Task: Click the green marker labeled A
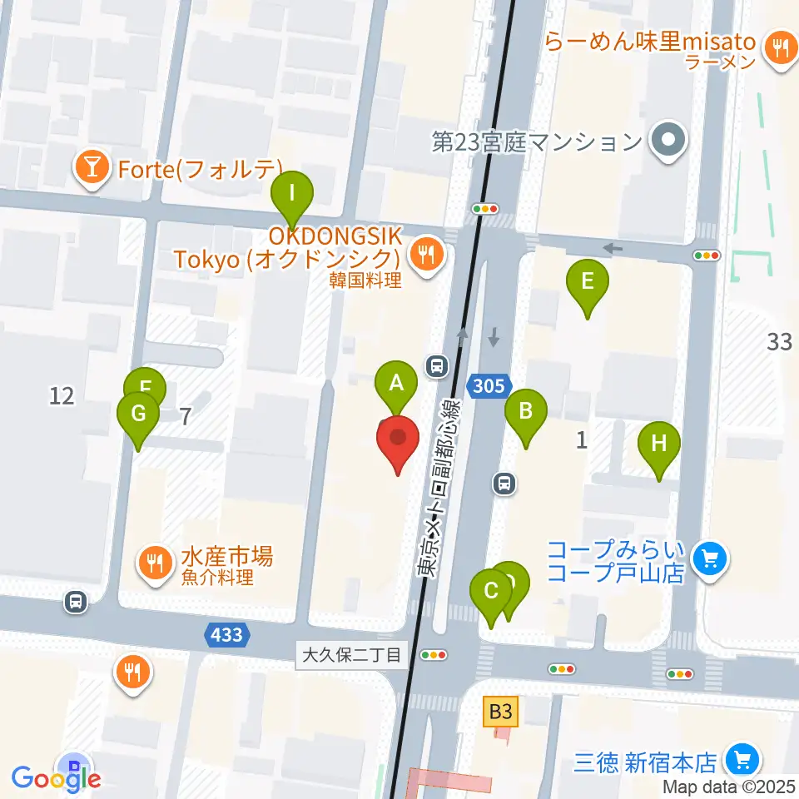(397, 385)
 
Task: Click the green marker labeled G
(138, 414)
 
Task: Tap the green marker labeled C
(490, 592)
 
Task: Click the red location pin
(398, 439)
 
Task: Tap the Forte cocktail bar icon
(91, 169)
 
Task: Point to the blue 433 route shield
(226, 636)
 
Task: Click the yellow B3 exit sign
(501, 712)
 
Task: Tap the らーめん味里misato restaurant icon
(780, 47)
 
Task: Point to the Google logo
(57, 778)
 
